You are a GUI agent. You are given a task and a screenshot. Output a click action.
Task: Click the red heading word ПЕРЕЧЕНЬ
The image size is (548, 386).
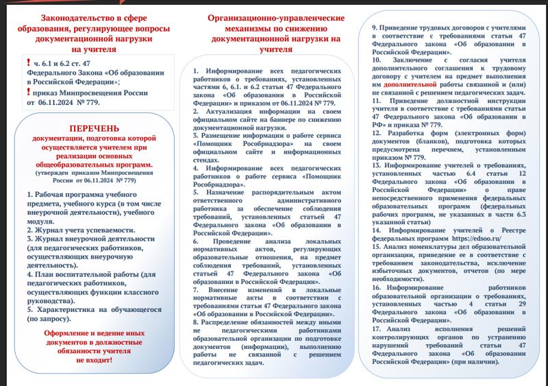(94, 128)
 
